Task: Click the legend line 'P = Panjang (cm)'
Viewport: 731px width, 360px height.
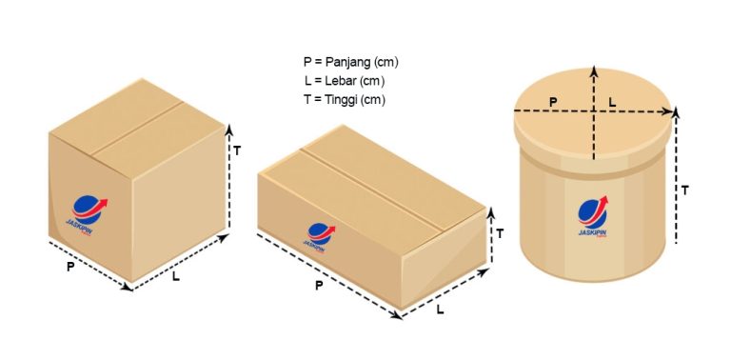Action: (350, 62)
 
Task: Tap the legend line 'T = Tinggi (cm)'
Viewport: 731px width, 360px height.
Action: (345, 98)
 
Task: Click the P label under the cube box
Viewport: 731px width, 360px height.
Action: (70, 268)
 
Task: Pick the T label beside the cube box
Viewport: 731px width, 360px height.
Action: (237, 150)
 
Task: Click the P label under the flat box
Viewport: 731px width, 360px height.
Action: (318, 285)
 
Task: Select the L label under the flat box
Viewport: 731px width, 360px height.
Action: (440, 310)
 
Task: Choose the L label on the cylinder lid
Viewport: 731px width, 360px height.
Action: (612, 98)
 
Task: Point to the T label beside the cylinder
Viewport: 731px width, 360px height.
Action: (685, 190)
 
